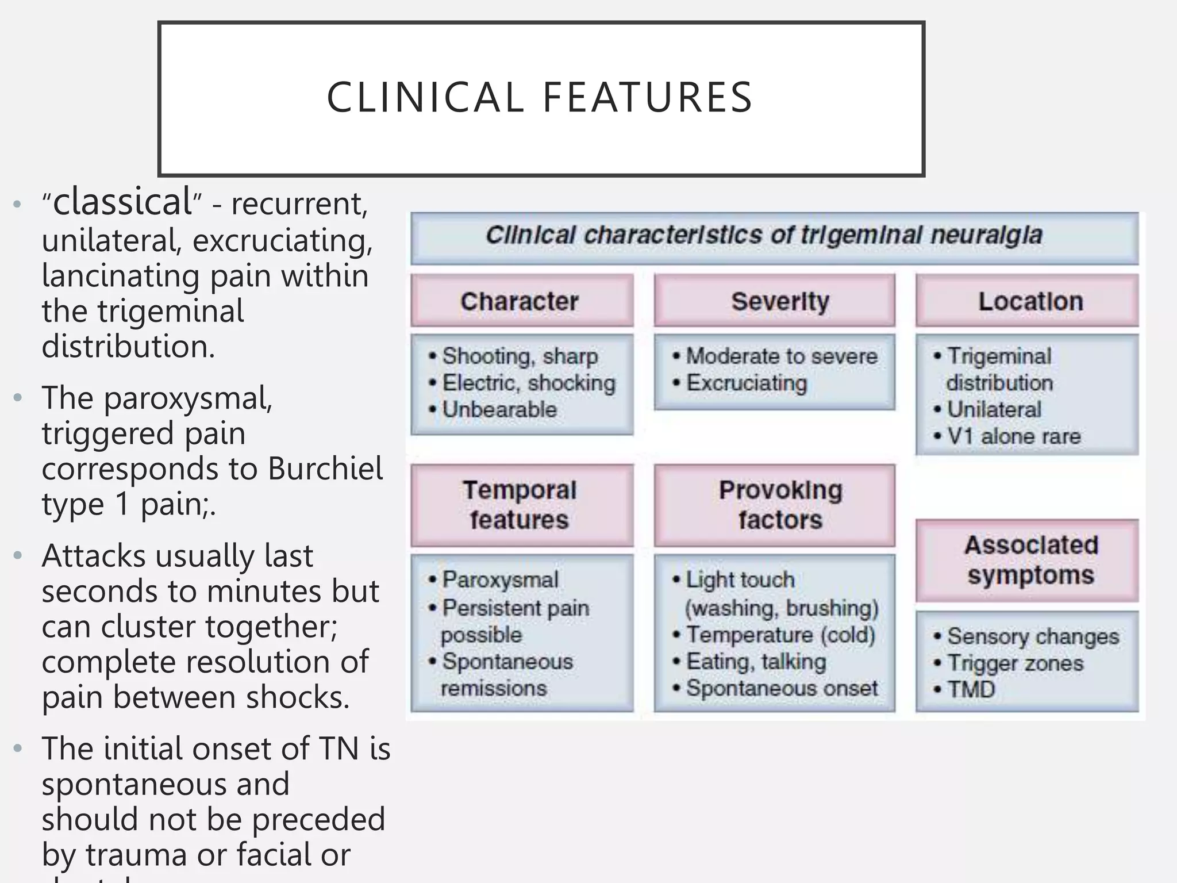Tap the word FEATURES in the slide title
pyautogui.click(x=648, y=97)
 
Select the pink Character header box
pyautogui.click(x=521, y=301)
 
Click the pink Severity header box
pyautogui.click(x=774, y=301)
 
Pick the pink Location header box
pyautogui.click(x=1027, y=301)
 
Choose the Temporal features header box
pyautogui.click(x=521, y=505)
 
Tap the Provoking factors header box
pyautogui.click(x=774, y=505)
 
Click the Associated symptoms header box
pyautogui.click(x=1027, y=560)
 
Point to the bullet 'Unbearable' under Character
pyautogui.click(x=499, y=409)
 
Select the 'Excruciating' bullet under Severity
pyautogui.click(x=746, y=383)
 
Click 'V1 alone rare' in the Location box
pyautogui.click(x=1014, y=436)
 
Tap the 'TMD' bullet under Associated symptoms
pyautogui.click(x=971, y=689)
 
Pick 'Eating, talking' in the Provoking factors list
pyautogui.click(x=756, y=662)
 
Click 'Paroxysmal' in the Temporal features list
pyautogui.click(x=500, y=579)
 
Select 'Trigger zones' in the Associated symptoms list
pyautogui.click(x=1015, y=663)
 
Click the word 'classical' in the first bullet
pyautogui.click(x=122, y=202)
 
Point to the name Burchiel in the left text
pyautogui.click(x=325, y=468)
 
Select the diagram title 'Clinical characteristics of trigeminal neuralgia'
pyautogui.click(x=763, y=235)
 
